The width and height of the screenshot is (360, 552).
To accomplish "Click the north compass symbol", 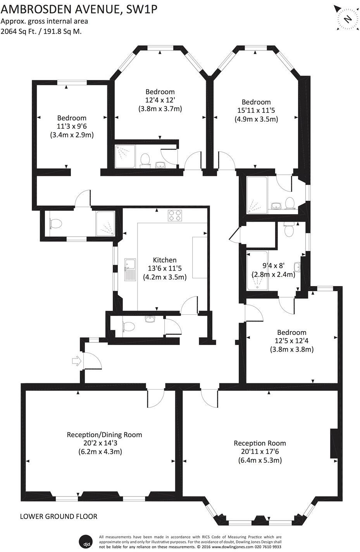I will [347, 18].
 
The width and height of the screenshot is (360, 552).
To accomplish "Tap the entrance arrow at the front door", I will [76, 361].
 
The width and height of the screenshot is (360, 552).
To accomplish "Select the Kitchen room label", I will [165, 260].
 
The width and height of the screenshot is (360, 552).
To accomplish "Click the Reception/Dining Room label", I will [105, 435].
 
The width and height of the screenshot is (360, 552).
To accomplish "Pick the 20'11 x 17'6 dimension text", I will [260, 452].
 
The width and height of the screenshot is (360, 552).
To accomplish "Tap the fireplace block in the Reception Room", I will [333, 444].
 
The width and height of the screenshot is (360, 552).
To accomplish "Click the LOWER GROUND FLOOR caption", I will [59, 516].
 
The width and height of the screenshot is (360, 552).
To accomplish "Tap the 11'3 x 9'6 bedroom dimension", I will [72, 126].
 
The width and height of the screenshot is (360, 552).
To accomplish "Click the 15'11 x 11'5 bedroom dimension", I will [256, 110].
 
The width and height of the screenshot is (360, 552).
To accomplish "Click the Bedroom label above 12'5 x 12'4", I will [291, 332].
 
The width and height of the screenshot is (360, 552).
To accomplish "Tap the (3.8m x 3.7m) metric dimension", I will [160, 109].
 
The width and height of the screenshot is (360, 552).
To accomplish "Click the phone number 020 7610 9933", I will [267, 547].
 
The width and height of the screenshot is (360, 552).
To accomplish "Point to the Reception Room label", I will [260, 443].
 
